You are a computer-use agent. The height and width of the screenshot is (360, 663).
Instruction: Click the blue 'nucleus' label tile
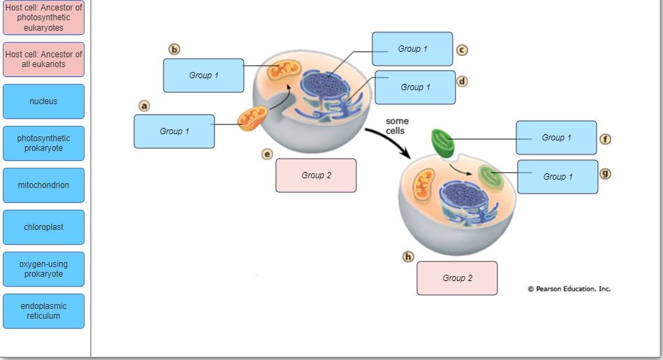43,101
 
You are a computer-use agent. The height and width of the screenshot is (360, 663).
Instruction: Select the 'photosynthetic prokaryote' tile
43,143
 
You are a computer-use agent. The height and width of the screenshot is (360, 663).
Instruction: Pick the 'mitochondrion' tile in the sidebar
43,185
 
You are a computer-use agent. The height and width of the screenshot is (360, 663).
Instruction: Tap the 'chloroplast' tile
43,227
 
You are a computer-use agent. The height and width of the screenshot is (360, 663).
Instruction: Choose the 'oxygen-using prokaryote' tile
43,269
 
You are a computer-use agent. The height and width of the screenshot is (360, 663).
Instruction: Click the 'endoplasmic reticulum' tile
43,311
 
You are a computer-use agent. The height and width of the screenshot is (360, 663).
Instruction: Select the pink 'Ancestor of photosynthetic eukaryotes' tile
43,18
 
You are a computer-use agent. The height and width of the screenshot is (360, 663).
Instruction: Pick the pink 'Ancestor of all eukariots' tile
43,59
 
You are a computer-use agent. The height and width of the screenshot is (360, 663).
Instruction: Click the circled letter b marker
175,50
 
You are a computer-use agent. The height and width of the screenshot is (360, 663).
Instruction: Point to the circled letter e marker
267,154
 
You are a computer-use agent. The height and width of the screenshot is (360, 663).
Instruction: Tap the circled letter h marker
408,257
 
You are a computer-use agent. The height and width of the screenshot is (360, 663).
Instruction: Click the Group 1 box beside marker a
174,131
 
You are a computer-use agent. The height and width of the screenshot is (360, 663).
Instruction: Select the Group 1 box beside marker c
412,49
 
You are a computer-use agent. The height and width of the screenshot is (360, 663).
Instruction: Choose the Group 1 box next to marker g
558,177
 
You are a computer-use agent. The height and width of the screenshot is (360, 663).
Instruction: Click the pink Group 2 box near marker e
316,175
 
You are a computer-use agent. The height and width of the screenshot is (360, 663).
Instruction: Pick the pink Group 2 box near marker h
457,278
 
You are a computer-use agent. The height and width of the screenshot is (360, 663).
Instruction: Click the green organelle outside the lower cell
442,143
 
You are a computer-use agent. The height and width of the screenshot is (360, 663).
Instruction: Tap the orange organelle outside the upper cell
252,119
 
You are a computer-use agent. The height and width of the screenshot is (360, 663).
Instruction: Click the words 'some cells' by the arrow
397,126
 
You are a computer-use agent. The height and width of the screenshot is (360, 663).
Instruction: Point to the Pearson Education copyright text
569,289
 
